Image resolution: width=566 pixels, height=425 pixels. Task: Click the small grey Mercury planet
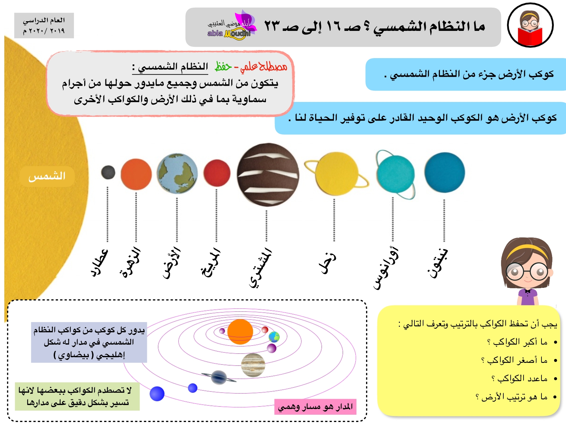click(108, 172)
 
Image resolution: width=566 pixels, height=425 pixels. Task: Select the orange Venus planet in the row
click(136, 174)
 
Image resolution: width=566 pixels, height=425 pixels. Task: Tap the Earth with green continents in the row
click(177, 173)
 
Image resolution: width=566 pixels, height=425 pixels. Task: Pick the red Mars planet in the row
click(217, 173)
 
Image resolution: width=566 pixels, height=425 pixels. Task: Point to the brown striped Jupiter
click(268, 175)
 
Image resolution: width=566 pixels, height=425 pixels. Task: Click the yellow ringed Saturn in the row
click(337, 174)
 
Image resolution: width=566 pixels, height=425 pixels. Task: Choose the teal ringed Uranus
click(395, 175)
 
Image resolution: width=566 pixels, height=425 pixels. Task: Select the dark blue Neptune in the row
click(445, 172)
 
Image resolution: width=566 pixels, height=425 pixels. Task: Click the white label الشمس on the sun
click(47, 176)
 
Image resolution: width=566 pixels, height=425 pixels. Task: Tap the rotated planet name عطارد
click(99, 263)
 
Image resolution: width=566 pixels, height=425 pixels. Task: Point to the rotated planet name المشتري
click(260, 268)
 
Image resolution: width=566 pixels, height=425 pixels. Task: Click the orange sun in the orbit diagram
click(240, 331)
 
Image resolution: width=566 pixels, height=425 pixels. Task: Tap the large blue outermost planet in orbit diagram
click(157, 394)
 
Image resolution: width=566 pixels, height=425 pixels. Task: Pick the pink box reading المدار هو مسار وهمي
click(315, 407)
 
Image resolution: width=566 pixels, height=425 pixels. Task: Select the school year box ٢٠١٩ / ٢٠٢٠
click(44, 26)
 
